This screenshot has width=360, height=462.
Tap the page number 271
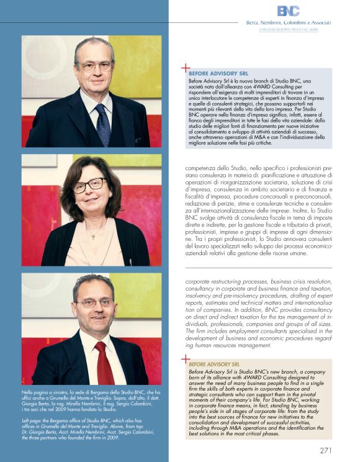pyautogui.click(x=329, y=450)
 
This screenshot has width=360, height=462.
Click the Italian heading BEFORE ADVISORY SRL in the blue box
pyautogui.click(x=215, y=73)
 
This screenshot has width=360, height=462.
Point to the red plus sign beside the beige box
pyautogui.click(x=185, y=359)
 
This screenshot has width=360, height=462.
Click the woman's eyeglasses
pyautogui.click(x=88, y=184)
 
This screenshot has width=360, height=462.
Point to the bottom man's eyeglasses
pyautogui.click(x=94, y=304)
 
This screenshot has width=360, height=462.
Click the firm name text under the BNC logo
pyautogui.click(x=289, y=22)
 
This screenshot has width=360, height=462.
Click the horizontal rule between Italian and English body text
pyautogui.click(x=258, y=268)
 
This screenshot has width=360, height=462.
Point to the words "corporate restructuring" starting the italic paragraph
pyautogui.click(x=215, y=281)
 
